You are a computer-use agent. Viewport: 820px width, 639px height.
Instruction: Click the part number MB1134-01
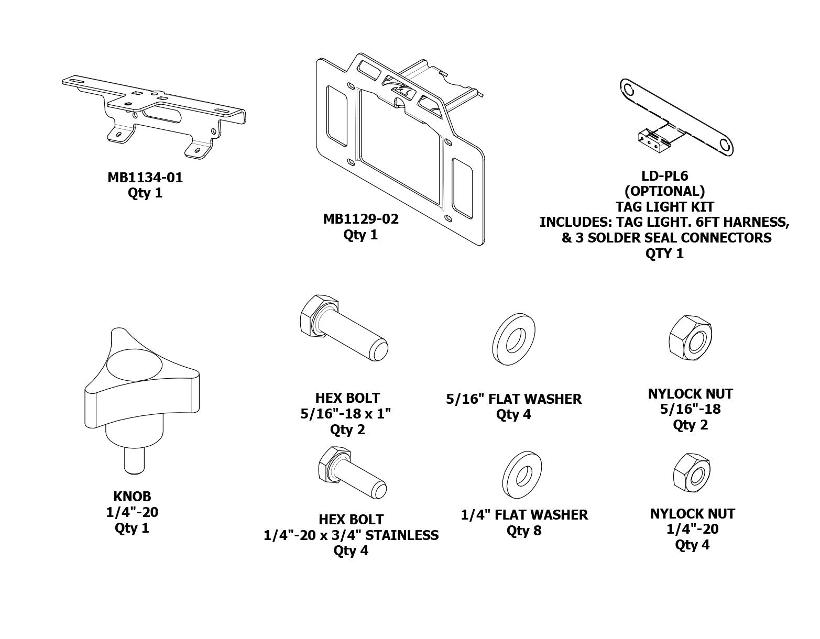[145, 178]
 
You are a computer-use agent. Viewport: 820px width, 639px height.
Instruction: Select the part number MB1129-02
[360, 219]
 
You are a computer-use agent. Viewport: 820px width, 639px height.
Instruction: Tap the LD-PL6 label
[664, 175]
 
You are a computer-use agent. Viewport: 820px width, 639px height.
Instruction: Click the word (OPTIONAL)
[664, 191]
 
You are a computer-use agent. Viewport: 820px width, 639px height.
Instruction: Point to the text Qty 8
[523, 531]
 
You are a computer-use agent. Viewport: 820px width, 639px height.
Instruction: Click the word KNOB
[132, 496]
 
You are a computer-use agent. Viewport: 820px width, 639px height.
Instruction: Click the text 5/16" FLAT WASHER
[513, 399]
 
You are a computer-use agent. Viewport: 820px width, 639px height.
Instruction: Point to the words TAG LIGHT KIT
[664, 206]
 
